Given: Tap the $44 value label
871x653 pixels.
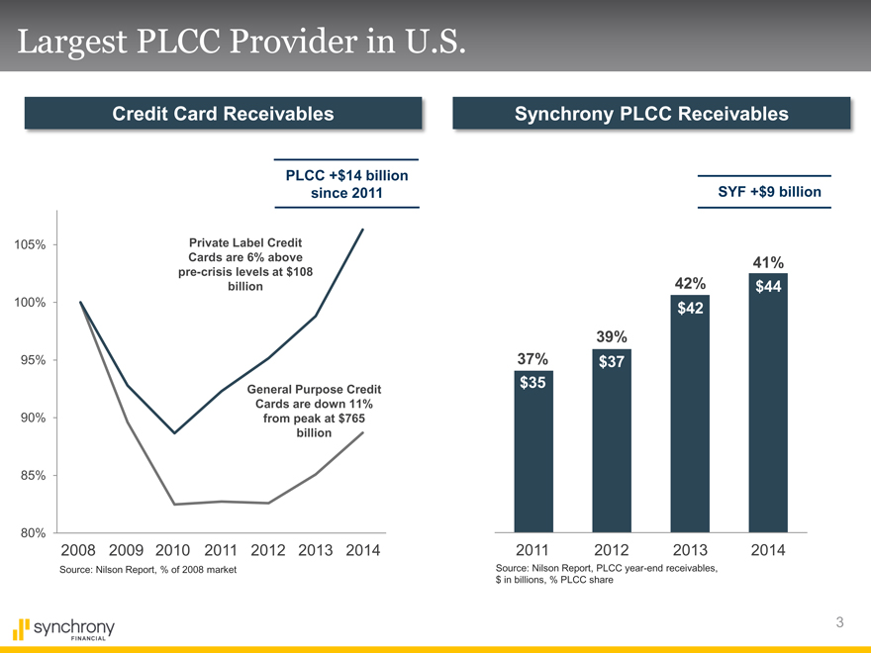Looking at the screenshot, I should (768, 287).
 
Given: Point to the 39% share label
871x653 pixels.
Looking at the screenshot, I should (612, 337).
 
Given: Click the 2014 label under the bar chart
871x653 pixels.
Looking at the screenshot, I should (768, 550).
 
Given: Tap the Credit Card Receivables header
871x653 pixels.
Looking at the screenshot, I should (223, 114).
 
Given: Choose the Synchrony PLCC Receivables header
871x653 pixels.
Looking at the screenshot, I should (651, 114).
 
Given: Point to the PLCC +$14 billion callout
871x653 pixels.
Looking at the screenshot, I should (346, 183).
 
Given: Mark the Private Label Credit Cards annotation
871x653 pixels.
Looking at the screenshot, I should (244, 264).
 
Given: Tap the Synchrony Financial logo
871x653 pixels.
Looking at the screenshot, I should (65, 629).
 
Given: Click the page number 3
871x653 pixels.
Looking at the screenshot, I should (839, 622).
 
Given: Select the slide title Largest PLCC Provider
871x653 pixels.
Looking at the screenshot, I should (239, 42).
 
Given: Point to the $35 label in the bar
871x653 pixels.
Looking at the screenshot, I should (533, 383).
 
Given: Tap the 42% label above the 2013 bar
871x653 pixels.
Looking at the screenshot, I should (690, 283).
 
